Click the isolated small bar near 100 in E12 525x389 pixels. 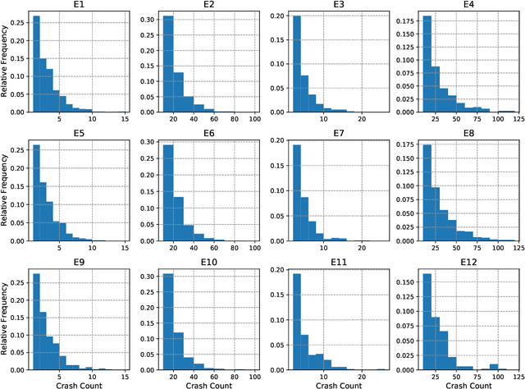[x=493, y=366]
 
